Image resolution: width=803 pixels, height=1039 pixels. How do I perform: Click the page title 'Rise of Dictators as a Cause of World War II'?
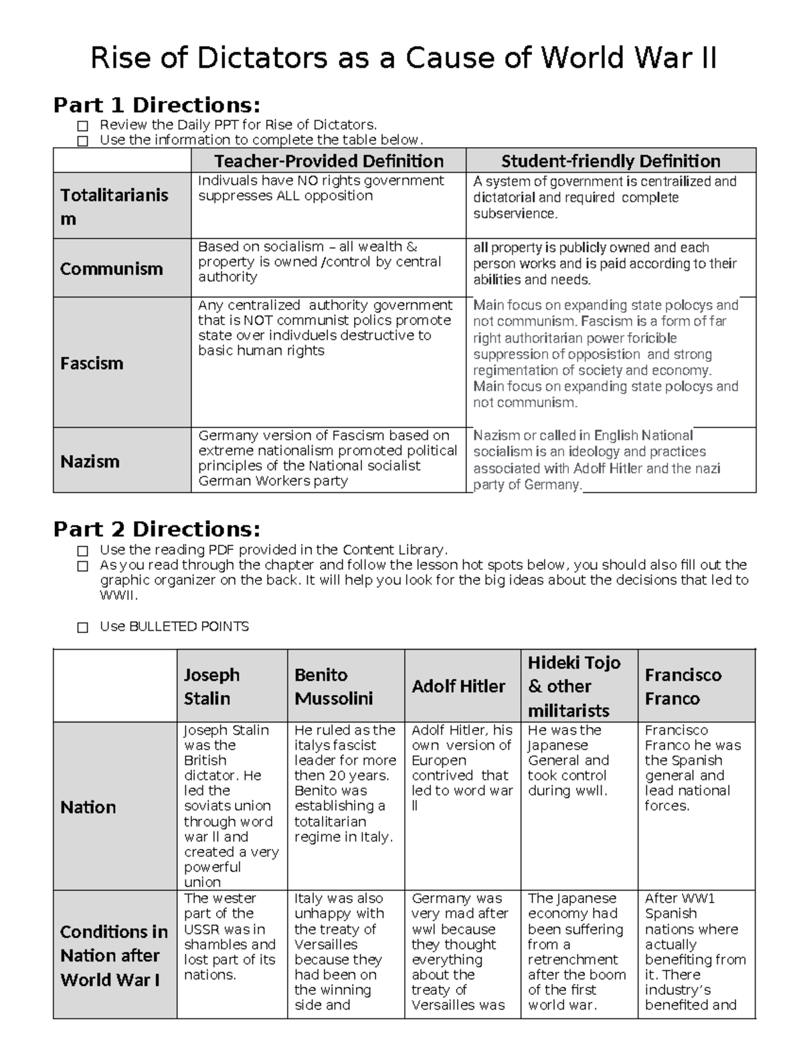click(404, 58)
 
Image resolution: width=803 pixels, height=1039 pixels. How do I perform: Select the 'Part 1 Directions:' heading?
click(157, 105)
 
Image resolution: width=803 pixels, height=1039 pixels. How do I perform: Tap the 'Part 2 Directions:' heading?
click(157, 529)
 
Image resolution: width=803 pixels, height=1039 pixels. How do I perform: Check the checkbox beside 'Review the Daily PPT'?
click(82, 125)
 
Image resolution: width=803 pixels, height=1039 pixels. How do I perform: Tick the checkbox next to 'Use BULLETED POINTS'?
click(82, 628)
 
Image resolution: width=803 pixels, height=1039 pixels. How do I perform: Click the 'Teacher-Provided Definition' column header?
click(329, 161)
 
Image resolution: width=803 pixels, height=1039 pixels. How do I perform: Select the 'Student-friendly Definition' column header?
click(610, 161)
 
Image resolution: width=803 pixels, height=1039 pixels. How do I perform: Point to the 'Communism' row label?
click(112, 269)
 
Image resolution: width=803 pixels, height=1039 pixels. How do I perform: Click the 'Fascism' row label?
click(92, 363)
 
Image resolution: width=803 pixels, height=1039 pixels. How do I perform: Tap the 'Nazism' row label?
click(90, 461)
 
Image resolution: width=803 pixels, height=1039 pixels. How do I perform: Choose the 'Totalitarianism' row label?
click(114, 207)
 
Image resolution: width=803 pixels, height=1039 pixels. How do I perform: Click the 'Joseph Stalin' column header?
click(211, 686)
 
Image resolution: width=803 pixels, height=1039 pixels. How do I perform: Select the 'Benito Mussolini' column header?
click(333, 686)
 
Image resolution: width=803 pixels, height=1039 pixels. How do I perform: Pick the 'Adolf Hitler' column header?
click(458, 686)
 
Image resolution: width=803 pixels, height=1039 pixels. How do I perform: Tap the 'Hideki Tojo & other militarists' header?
click(574, 686)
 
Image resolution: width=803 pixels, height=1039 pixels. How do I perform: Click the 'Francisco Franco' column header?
click(683, 686)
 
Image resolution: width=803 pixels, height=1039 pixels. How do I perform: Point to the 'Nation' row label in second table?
click(88, 807)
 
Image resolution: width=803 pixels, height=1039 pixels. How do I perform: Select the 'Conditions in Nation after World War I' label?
click(114, 955)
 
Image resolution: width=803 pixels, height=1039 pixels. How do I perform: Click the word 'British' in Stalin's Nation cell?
click(205, 761)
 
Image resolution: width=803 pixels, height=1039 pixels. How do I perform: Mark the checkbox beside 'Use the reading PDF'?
click(82, 551)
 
